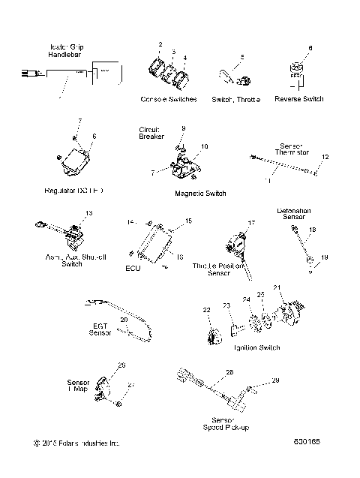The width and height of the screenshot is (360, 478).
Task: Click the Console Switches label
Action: tap(169, 99)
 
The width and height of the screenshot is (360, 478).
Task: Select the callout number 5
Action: tap(241, 57)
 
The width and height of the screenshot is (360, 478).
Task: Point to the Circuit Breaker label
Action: tap(150, 133)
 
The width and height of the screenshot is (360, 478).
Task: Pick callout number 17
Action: tap(252, 222)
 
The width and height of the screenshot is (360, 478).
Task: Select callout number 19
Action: tap(325, 257)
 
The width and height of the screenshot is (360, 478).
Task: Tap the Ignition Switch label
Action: tap(257, 347)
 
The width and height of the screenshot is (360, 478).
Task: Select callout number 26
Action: tap(121, 365)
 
